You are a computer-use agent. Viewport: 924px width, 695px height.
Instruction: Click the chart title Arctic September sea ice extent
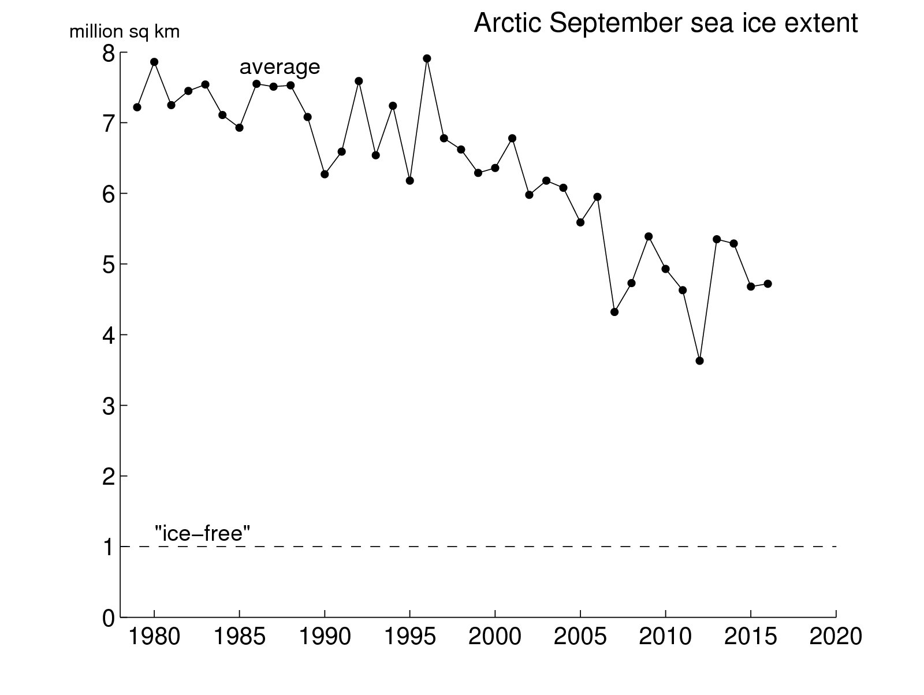click(665, 24)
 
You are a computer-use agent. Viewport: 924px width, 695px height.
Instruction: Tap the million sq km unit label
click(124, 32)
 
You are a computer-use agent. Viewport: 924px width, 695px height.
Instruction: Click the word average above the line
click(280, 67)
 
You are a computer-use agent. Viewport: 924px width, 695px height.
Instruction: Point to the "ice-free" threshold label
click(202, 533)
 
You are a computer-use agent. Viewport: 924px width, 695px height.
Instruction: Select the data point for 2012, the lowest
click(699, 360)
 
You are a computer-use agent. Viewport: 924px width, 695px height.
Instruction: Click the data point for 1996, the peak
click(427, 58)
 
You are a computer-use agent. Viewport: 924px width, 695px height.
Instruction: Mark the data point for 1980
click(154, 62)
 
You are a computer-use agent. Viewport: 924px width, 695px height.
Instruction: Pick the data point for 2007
click(614, 312)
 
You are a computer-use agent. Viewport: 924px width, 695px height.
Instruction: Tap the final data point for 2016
click(767, 284)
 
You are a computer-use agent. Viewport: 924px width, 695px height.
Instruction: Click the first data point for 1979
click(137, 107)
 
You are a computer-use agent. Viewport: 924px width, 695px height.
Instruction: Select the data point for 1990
click(325, 174)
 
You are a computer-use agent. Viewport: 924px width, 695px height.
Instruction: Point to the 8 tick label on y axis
click(109, 53)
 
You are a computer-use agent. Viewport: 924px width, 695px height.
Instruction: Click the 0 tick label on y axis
click(109, 618)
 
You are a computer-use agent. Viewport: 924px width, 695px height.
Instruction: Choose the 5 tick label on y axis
click(109, 265)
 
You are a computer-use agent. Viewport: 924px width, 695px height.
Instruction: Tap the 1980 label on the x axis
click(154, 637)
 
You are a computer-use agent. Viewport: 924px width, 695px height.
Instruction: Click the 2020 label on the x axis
click(835, 637)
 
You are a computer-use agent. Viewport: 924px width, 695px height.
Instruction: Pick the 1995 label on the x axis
click(409, 637)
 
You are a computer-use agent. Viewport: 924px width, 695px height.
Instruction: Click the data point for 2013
click(717, 239)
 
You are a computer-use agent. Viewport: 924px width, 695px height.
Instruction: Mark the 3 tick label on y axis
click(109, 406)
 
